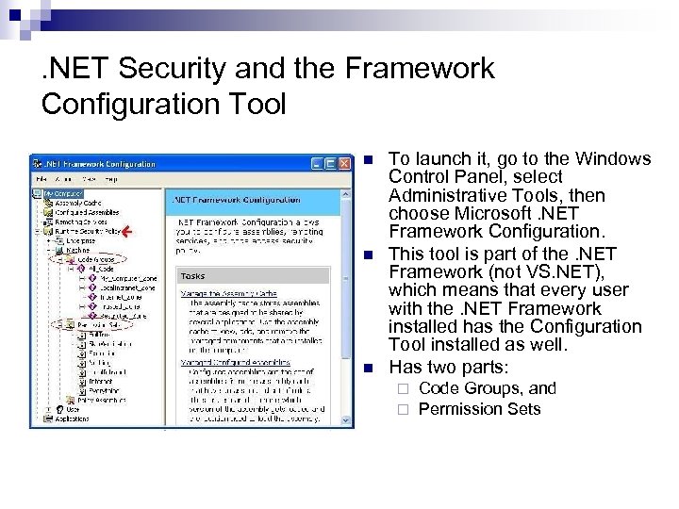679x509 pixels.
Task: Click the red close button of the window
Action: click(344, 163)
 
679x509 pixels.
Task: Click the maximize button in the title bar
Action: click(331, 163)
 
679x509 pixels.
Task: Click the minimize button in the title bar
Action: click(318, 163)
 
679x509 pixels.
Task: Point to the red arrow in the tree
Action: click(129, 230)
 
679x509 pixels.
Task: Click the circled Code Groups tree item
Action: click(97, 257)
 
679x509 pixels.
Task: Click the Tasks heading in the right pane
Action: click(193, 276)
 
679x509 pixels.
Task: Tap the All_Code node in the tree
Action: click(101, 268)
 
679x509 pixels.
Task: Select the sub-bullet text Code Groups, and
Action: click(487, 388)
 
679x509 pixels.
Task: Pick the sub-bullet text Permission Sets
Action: click(479, 408)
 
